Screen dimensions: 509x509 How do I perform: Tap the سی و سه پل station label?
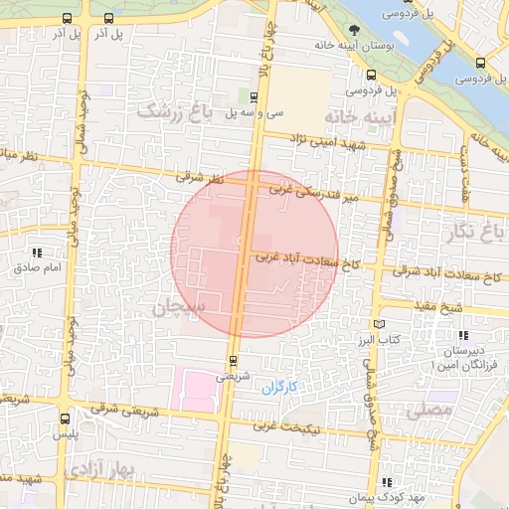(x=256, y=112)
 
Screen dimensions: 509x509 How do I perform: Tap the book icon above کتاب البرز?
(x=379, y=324)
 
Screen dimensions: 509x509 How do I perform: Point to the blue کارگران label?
(x=279, y=387)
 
